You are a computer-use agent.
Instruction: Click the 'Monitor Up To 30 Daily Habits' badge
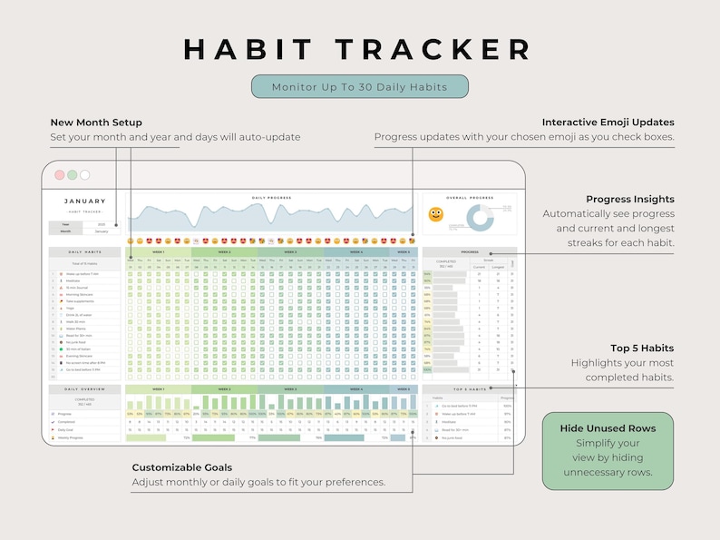(x=360, y=86)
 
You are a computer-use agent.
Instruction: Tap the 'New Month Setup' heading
(x=96, y=123)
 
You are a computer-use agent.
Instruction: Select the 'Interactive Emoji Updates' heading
(x=608, y=123)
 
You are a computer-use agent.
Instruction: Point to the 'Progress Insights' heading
(x=630, y=200)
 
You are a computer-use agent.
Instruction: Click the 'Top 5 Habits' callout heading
(x=642, y=349)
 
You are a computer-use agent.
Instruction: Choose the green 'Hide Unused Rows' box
(x=608, y=451)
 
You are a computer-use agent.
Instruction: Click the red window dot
(x=60, y=174)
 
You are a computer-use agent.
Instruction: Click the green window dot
(x=73, y=174)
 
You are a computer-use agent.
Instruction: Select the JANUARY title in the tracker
(x=84, y=201)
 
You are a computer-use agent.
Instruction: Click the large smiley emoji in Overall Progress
(x=436, y=215)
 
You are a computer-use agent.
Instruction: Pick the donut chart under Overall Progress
(x=480, y=217)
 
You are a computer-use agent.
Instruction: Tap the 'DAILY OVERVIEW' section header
(x=84, y=388)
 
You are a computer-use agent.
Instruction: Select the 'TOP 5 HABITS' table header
(x=470, y=388)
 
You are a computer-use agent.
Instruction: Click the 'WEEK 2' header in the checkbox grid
(x=224, y=252)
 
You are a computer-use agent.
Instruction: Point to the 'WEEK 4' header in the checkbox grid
(x=355, y=252)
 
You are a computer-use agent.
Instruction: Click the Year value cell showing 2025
(x=101, y=224)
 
